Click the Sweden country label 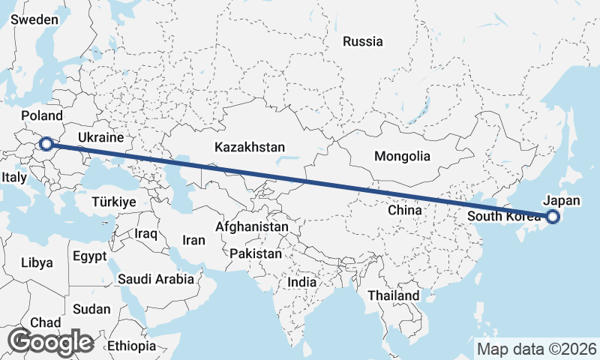tap(34, 19)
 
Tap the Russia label tap(362, 42)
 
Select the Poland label tap(42, 115)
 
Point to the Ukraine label tap(100, 139)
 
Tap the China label tap(405, 211)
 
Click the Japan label tap(561, 201)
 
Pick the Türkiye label tap(113, 202)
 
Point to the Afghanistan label tap(251, 226)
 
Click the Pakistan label tap(256, 253)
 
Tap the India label tap(302, 283)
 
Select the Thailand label tap(393, 295)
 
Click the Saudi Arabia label tap(156, 279)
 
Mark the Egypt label tap(90, 256)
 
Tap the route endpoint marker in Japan tap(553, 217)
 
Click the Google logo tap(50, 341)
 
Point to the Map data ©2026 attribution tap(537, 349)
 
